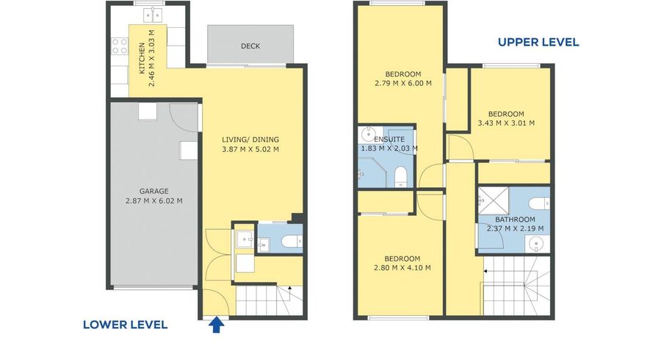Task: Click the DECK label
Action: tap(250, 46)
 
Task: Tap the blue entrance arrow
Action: tap(216, 325)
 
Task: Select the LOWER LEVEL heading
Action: tap(125, 325)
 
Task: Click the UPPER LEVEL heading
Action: tap(538, 42)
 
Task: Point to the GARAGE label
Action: tap(154, 191)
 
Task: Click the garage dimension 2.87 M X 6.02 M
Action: tap(154, 201)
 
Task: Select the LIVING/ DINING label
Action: tap(250, 140)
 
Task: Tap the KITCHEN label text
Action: tap(142, 58)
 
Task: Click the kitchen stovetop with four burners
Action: tap(119, 46)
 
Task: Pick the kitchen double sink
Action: tap(153, 15)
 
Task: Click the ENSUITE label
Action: tap(389, 139)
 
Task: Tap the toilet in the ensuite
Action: tap(400, 176)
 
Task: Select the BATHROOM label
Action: tap(515, 219)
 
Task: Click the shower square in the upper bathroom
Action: tap(494, 201)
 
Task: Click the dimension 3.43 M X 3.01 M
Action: tap(506, 123)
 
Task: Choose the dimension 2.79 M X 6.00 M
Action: tap(403, 84)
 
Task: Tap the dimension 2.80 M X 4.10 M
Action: tap(402, 267)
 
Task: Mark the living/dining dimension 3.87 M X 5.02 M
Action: tap(250, 149)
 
